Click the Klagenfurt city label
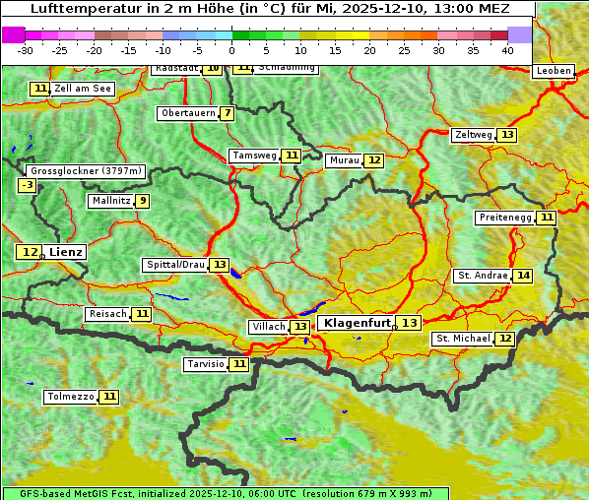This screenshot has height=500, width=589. pos(358,323)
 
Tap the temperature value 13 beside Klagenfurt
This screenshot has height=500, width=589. pos(410,323)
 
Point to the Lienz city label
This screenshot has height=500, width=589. pos(66,252)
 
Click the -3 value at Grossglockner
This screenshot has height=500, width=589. pos(28,185)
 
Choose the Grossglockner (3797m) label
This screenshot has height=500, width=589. pos(87,170)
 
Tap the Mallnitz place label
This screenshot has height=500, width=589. pos(109,201)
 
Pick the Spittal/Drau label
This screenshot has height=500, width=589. pos(174,265)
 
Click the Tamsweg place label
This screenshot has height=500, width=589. pos(253,156)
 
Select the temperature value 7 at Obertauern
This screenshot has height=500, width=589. pos(228,113)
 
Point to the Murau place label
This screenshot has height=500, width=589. pos(344,160)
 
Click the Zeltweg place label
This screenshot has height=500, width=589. pos(473,135)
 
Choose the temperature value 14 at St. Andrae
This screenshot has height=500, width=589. pos(523,276)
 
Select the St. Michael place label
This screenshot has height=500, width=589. pos(463,339)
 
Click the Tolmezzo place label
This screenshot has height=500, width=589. pos(70,397)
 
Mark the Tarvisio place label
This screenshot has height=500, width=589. pos(205,364)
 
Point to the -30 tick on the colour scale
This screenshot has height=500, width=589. pos(26,50)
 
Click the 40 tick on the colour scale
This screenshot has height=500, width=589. pos(507,50)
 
